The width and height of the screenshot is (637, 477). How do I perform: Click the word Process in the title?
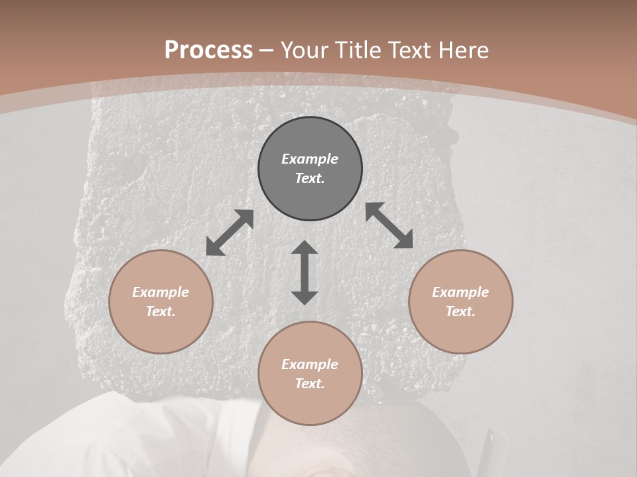(208, 50)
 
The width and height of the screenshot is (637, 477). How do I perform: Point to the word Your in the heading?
(305, 50)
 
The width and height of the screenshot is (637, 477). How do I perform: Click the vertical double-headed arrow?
(305, 272)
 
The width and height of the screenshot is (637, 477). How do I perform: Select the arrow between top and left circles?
(230, 233)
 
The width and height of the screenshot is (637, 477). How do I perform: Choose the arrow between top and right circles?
(389, 225)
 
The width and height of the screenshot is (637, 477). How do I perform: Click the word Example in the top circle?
(310, 159)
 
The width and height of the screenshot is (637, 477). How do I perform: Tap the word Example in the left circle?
(161, 292)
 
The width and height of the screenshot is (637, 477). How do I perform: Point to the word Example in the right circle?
(460, 292)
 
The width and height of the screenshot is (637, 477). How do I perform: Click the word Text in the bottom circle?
(310, 384)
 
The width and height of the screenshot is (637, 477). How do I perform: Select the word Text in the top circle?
(310, 178)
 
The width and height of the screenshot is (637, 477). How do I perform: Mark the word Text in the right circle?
(460, 311)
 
